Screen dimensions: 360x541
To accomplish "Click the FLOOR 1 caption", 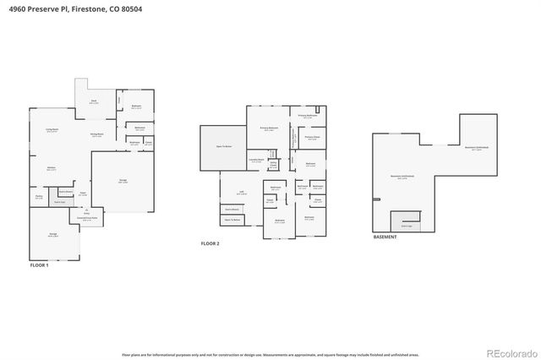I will [39, 265].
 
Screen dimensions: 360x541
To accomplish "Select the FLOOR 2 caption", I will [210, 243].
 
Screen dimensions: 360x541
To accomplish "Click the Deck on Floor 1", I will [94, 101].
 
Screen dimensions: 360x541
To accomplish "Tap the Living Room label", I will [51, 130].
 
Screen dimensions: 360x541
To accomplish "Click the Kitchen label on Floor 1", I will [51, 168].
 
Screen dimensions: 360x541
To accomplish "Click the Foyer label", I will [83, 194].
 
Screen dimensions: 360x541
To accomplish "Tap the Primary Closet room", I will [312, 138].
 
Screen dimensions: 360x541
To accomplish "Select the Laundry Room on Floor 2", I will [256, 160].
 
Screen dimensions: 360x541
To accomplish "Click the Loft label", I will [241, 192].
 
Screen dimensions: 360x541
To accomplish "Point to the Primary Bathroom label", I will [307, 116].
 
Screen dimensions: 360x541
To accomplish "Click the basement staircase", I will [406, 221].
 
